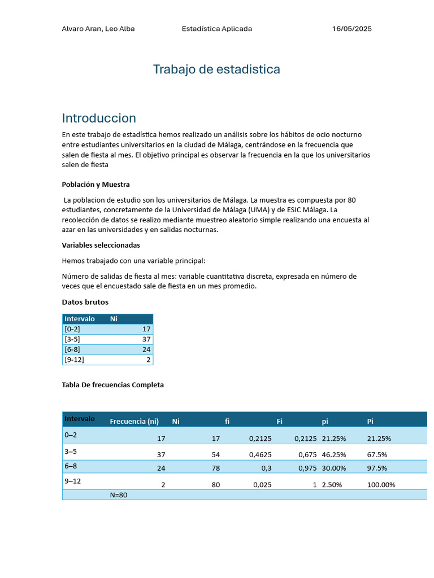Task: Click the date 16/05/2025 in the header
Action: (351, 29)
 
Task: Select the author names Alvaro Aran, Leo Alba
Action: (98, 29)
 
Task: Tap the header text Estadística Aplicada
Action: (217, 29)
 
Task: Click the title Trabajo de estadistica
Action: (216, 69)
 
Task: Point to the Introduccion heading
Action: (99, 118)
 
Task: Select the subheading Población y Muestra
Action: (96, 185)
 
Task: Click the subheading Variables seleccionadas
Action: (101, 246)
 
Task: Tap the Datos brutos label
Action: (85, 302)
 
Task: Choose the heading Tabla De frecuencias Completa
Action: (112, 385)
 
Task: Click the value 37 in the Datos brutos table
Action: (146, 339)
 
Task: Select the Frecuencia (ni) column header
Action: (134, 421)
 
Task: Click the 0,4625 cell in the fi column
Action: (260, 454)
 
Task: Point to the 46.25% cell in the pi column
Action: (334, 454)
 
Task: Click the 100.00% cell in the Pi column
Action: (381, 485)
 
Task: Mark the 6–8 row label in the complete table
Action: (72, 466)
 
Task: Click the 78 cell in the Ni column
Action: (215, 468)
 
